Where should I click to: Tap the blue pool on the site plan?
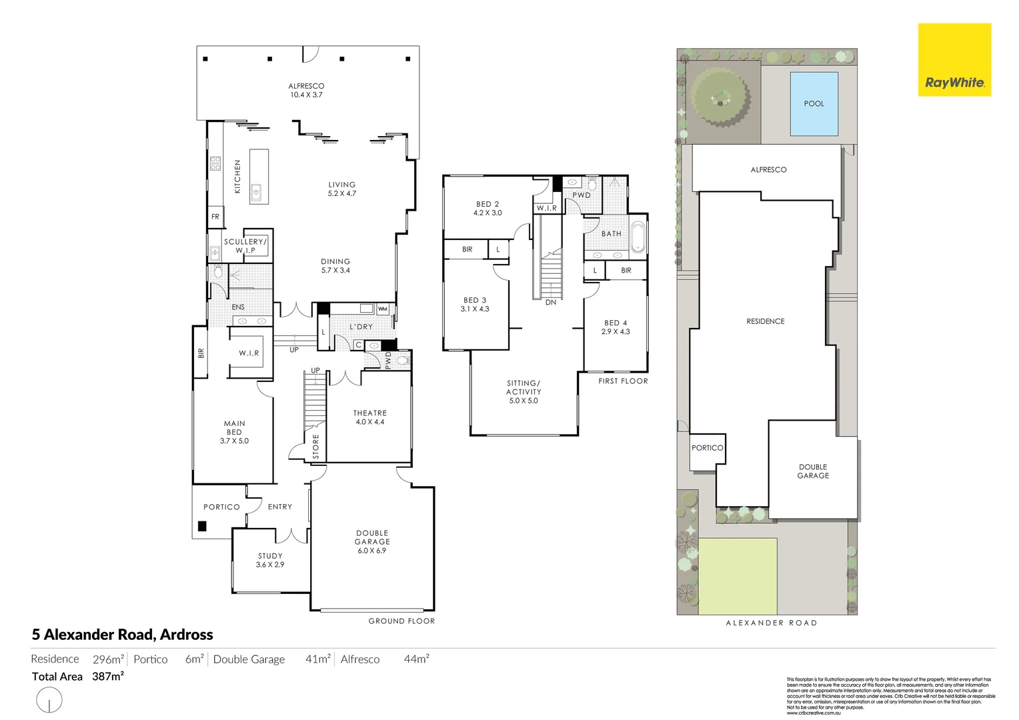click(x=814, y=104)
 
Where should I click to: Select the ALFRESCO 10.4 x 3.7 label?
click(x=306, y=91)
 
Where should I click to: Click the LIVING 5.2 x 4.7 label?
click(x=341, y=189)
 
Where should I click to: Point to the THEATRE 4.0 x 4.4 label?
click(x=369, y=417)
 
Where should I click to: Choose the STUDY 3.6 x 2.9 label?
click(x=270, y=560)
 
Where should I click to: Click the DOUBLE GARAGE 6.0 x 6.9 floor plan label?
click(x=371, y=542)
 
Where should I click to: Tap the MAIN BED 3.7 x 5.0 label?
click(x=234, y=432)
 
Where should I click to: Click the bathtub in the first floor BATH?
click(x=638, y=237)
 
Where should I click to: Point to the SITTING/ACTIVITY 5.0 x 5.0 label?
click(x=524, y=392)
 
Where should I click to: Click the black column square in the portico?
click(x=202, y=526)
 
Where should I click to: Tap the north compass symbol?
click(x=49, y=701)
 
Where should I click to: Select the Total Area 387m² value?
click(x=107, y=677)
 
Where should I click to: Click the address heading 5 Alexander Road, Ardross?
click(x=123, y=635)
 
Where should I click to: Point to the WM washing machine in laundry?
click(x=382, y=309)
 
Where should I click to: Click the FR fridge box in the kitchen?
click(x=215, y=217)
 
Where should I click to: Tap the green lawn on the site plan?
click(x=738, y=576)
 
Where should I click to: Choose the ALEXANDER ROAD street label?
click(x=771, y=623)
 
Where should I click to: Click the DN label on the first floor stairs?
click(x=550, y=303)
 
